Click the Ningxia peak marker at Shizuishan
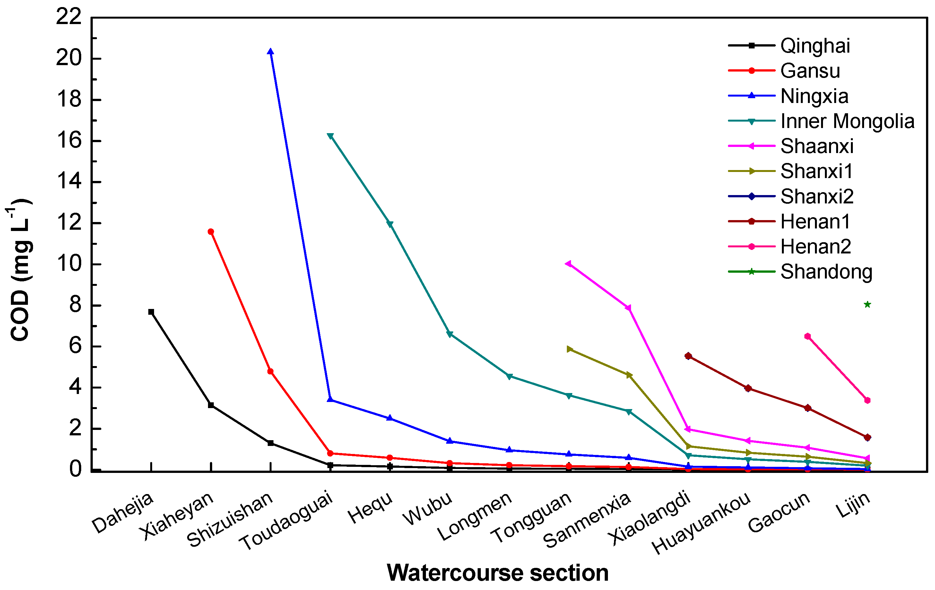tap(270, 52)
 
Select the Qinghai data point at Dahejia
tap(151, 312)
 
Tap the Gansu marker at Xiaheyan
tap(211, 232)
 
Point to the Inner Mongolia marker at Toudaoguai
tap(330, 136)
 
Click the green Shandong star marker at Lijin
tap(867, 304)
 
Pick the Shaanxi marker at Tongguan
tap(568, 264)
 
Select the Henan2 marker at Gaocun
tap(808, 336)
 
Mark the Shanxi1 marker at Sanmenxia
tap(629, 375)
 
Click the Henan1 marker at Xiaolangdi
tap(688, 355)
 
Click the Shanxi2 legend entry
tap(817, 196)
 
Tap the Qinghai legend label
tap(815, 46)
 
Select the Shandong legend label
tap(826, 272)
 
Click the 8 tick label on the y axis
tap(75, 305)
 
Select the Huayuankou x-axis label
tap(701, 522)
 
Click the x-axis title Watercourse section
tap(498, 573)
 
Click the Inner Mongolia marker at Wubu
tap(449, 334)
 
